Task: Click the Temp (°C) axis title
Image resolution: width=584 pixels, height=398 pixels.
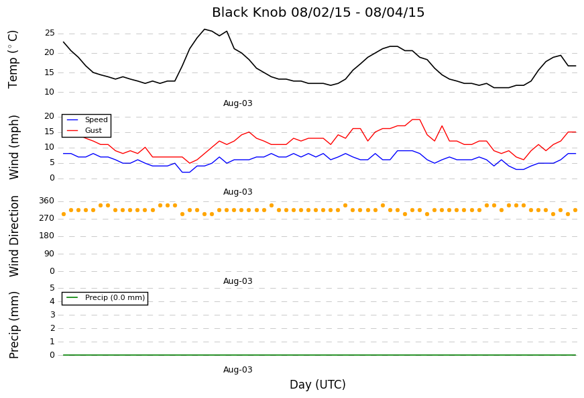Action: pyautogui.click(x=13, y=59)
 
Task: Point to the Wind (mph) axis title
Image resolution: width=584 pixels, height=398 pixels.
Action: pyautogui.click(x=13, y=147)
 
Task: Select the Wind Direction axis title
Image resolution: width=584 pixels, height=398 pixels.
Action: pyautogui.click(x=14, y=236)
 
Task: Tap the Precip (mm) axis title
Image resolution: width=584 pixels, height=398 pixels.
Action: pyautogui.click(x=14, y=325)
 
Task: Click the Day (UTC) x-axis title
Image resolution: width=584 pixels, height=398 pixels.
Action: pyautogui.click(x=318, y=384)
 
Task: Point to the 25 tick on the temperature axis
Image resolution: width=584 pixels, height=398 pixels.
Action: pyautogui.click(x=50, y=33)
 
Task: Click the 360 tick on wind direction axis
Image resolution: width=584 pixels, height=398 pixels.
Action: pyautogui.click(x=46, y=201)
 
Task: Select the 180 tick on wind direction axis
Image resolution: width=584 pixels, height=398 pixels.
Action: pyautogui.click(x=46, y=236)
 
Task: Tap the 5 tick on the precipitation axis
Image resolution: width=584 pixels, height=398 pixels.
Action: pyautogui.click(x=52, y=288)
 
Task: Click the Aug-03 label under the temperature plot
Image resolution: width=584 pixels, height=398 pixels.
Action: pyautogui.click(x=237, y=103)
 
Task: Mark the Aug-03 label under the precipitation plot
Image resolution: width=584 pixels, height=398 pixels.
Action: pyautogui.click(x=237, y=370)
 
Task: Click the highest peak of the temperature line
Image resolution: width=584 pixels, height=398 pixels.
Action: pyautogui.click(x=205, y=29)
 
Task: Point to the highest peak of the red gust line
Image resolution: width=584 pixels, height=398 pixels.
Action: pyautogui.click(x=416, y=119)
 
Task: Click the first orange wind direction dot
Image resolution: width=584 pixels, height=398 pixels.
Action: pyautogui.click(x=64, y=214)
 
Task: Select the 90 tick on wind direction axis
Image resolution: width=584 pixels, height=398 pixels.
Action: pyautogui.click(x=49, y=254)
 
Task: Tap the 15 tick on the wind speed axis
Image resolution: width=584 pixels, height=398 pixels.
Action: pyautogui.click(x=50, y=132)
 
